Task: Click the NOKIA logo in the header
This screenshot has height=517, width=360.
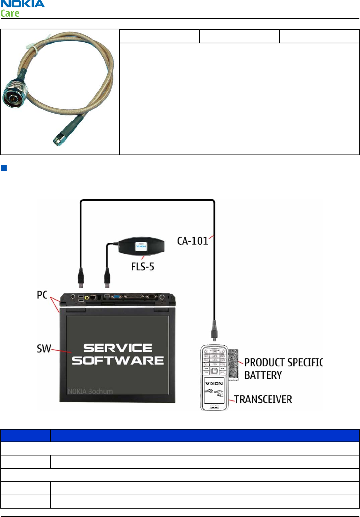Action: pos(22,4)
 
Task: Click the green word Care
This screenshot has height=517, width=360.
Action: pos(10,14)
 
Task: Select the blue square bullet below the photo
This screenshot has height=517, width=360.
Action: pos(4,168)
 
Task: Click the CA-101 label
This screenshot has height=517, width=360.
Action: pos(193,241)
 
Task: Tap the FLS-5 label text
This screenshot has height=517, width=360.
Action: pos(143,267)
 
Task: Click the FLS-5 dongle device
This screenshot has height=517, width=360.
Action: pos(141,246)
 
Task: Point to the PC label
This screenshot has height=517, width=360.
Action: pos(42,295)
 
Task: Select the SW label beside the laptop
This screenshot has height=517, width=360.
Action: pos(44,349)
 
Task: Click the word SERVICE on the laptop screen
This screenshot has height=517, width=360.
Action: pos(118,348)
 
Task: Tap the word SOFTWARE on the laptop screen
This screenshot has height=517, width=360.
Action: pos(118,360)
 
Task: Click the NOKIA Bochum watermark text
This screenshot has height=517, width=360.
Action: pos(90,391)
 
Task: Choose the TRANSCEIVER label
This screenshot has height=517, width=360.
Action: pos(263,399)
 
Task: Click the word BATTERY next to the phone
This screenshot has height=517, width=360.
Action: pos(263,375)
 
